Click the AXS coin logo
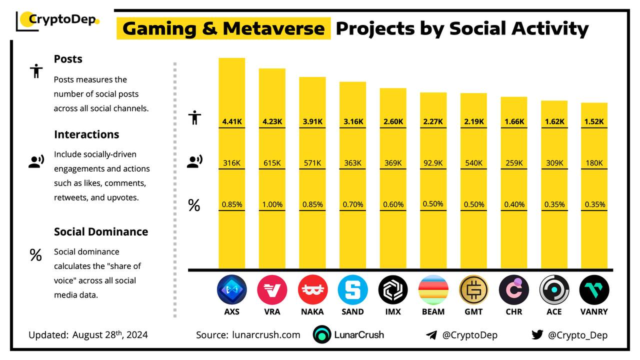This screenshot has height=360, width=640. click(231, 290)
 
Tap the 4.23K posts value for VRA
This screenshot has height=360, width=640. click(272, 121)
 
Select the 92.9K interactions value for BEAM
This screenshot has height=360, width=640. click(433, 163)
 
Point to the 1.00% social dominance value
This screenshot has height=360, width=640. click(272, 204)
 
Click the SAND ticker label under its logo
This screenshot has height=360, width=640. click(352, 311)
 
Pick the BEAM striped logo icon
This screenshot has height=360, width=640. click(433, 290)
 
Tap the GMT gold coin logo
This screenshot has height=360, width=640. click(473, 290)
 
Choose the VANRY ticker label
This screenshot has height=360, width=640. click(594, 311)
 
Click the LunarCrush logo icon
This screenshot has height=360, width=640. click(322, 335)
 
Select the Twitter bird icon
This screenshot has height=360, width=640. click(537, 335)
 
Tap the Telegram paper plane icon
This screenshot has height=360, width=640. click(431, 335)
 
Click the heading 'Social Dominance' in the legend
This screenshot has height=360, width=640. click(101, 232)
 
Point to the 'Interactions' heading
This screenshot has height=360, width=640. click(86, 134)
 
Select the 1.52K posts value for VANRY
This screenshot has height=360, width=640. click(594, 121)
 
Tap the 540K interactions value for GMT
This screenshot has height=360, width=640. click(473, 163)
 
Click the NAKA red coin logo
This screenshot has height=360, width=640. click(312, 290)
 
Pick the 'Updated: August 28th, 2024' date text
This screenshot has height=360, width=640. click(88, 335)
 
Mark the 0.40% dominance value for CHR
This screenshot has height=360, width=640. click(514, 204)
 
